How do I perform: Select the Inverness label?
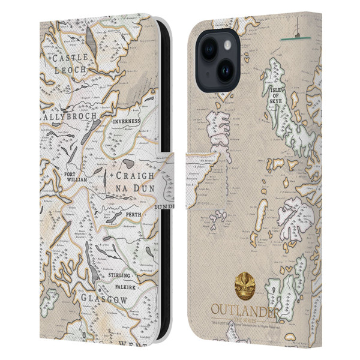tap(127, 121)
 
